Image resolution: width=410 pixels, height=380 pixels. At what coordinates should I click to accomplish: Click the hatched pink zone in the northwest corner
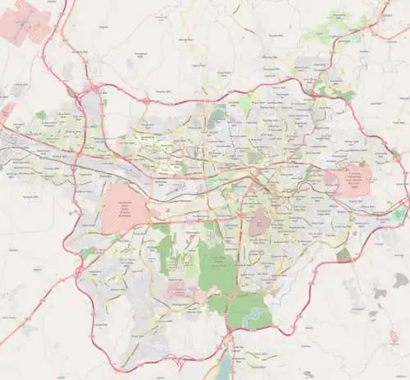coord(31,21)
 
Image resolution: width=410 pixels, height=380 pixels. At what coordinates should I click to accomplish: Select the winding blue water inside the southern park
coord(256,313)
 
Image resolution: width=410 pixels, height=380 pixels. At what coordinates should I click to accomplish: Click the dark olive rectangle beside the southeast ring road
coord(343,254)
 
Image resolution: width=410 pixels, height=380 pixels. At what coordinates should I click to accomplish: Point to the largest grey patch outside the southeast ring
coord(399,281)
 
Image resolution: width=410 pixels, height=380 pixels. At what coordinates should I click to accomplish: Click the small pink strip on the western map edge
coord(7,112)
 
